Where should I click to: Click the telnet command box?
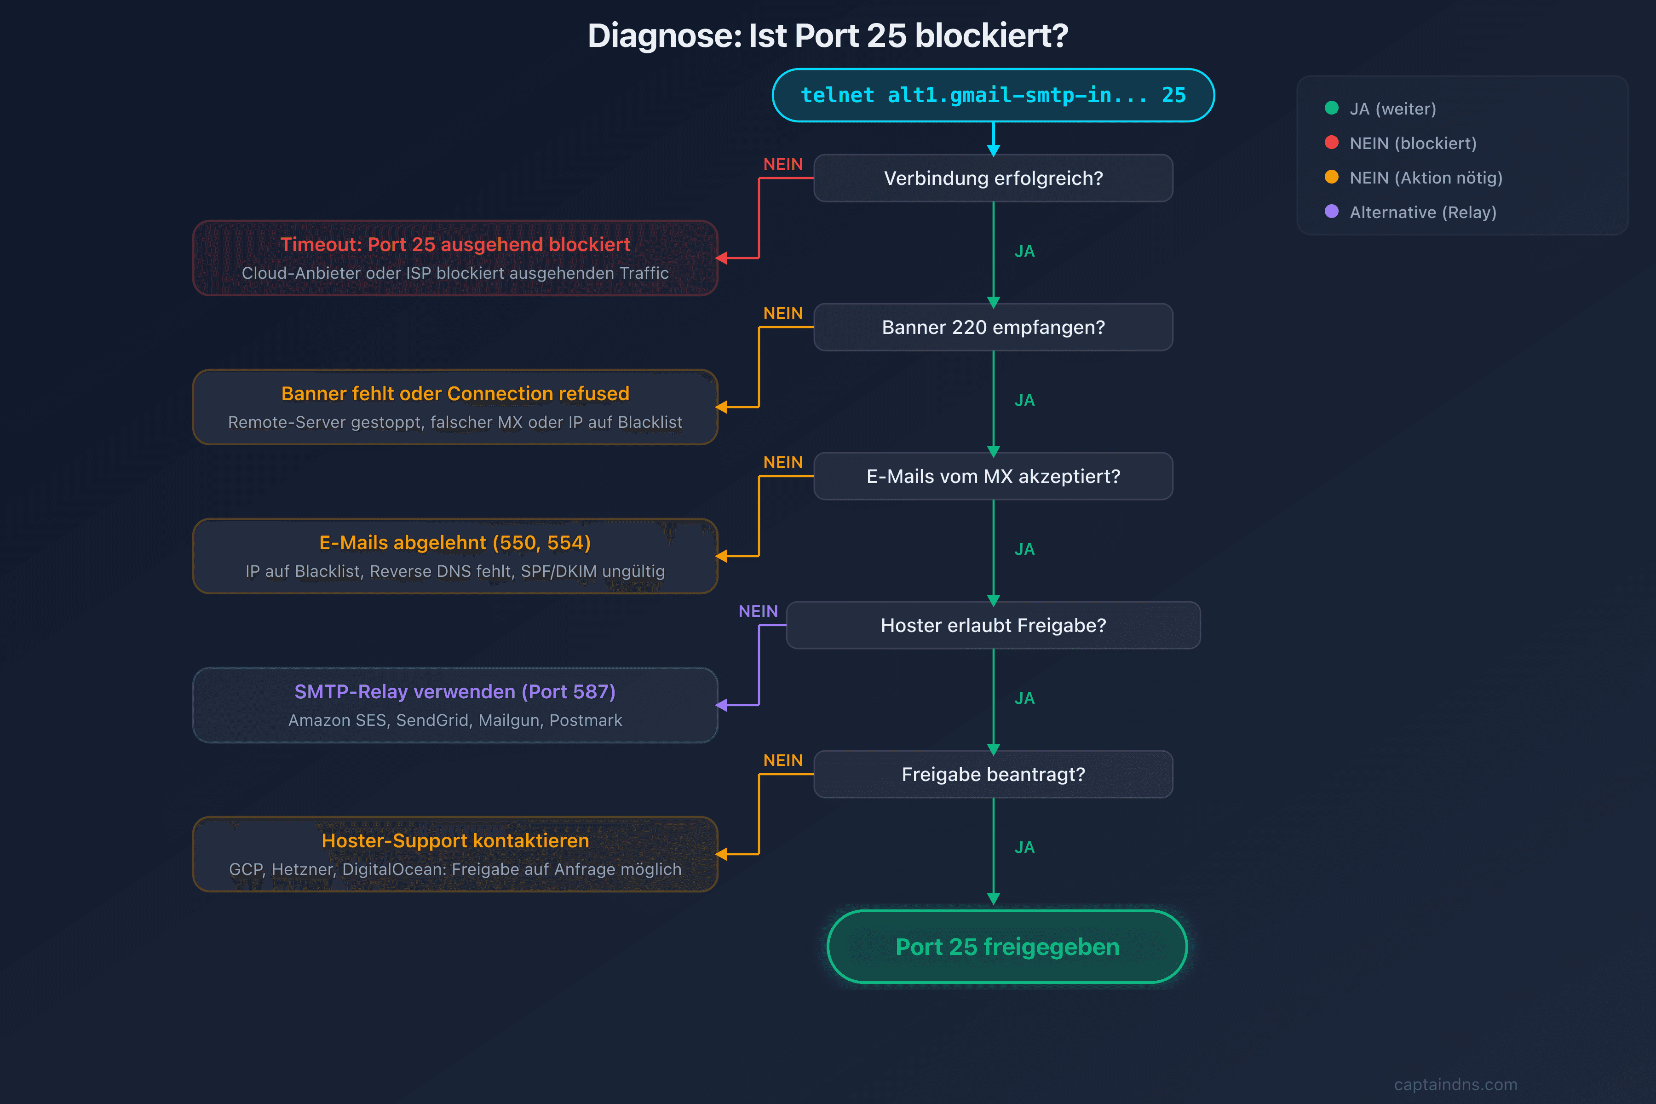[x=993, y=95]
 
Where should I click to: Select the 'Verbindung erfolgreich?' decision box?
[x=993, y=178]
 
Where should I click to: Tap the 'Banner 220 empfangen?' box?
[x=993, y=328]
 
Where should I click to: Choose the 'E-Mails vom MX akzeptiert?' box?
[x=993, y=477]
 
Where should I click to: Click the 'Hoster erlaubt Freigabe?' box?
[x=993, y=625]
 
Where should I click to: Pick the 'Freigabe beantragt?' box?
[x=993, y=775]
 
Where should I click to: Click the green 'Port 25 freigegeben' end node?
[x=1007, y=947]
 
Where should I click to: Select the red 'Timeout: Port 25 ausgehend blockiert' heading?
[x=455, y=244]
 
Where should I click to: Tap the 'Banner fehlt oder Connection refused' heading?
[x=455, y=394]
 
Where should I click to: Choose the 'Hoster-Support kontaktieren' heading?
[x=455, y=841]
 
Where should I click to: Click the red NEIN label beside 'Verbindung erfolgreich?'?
[x=783, y=164]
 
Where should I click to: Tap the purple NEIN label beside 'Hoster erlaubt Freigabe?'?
[x=758, y=611]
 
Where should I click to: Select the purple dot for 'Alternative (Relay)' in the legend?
[x=1331, y=211]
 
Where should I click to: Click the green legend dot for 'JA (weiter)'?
[x=1331, y=108]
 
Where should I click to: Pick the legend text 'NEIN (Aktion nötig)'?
[x=1426, y=178]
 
